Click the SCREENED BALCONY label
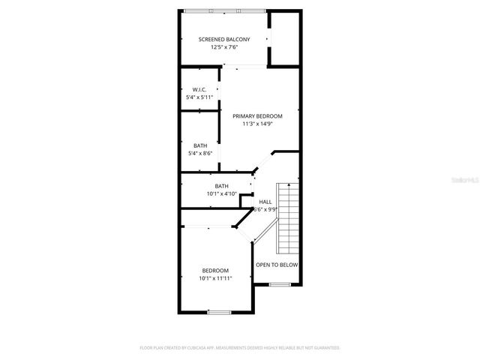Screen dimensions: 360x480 pyautogui.click(x=223, y=39)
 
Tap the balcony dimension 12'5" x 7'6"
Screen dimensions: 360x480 pyautogui.click(x=223, y=46)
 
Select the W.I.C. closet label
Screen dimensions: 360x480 pyautogui.click(x=199, y=90)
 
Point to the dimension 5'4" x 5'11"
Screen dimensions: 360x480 pyautogui.click(x=199, y=97)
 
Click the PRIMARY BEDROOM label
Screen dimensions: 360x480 pyautogui.click(x=257, y=116)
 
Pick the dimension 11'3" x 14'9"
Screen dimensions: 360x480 pyautogui.click(x=257, y=124)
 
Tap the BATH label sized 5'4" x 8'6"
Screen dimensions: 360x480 pyautogui.click(x=200, y=145)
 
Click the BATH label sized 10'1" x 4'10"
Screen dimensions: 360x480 pyautogui.click(x=222, y=186)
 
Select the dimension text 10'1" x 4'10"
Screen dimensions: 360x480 pyautogui.click(x=222, y=193)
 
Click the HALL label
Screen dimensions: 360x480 pyautogui.click(x=265, y=202)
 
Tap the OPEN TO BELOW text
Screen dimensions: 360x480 pyautogui.click(x=277, y=265)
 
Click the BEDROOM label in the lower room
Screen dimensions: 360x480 pyautogui.click(x=215, y=270)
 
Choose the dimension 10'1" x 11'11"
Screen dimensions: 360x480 pyautogui.click(x=215, y=278)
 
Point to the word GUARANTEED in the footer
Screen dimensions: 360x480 pyautogui.click(x=325, y=348)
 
